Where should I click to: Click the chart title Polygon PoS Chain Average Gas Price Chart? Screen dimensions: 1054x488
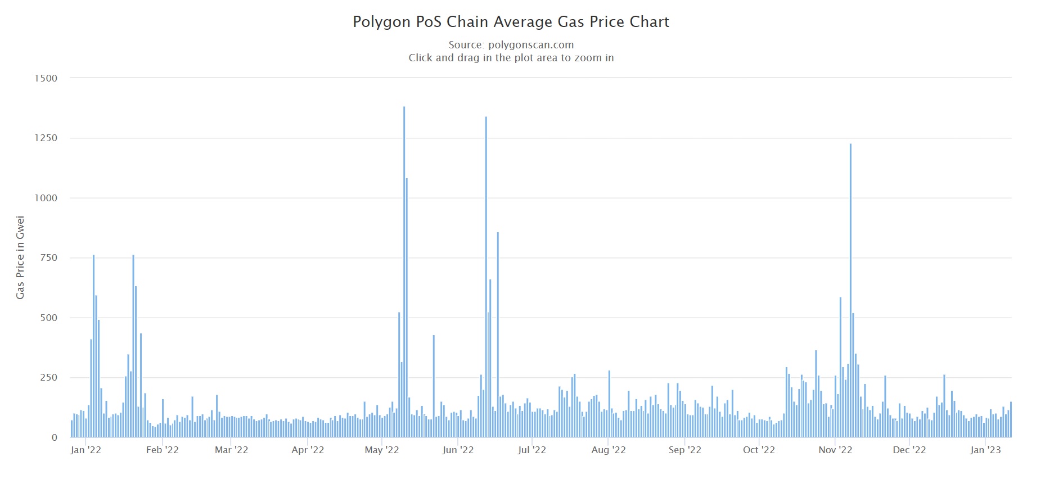click(x=511, y=22)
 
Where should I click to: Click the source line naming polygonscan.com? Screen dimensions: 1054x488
click(x=511, y=45)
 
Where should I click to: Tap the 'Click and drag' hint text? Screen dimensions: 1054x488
click(x=511, y=58)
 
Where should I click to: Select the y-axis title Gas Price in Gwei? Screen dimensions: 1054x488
click(x=20, y=257)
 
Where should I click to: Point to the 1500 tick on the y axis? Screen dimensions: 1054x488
click(x=46, y=78)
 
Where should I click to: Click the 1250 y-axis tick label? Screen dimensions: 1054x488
click(x=46, y=138)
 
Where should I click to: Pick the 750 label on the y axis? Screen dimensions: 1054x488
click(x=48, y=257)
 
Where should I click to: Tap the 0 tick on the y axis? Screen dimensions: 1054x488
click(x=55, y=437)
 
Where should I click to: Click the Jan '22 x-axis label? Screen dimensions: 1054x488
click(x=85, y=450)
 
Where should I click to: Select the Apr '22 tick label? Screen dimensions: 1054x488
click(x=308, y=450)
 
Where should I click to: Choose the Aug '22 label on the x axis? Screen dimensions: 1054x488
click(x=609, y=450)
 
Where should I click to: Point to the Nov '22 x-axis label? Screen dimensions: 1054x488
click(x=835, y=450)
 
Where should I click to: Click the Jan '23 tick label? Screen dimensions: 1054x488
click(x=985, y=450)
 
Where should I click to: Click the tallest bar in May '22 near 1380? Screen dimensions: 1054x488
click(x=404, y=272)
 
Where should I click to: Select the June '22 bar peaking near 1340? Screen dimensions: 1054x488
click(x=486, y=277)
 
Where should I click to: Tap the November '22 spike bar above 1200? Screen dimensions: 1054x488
click(x=850, y=291)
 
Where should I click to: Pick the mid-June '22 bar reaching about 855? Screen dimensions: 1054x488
click(x=498, y=335)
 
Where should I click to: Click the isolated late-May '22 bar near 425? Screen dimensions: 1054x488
click(x=434, y=386)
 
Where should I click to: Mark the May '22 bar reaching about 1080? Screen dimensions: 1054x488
click(x=407, y=308)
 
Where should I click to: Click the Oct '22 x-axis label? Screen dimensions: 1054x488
click(x=759, y=450)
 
